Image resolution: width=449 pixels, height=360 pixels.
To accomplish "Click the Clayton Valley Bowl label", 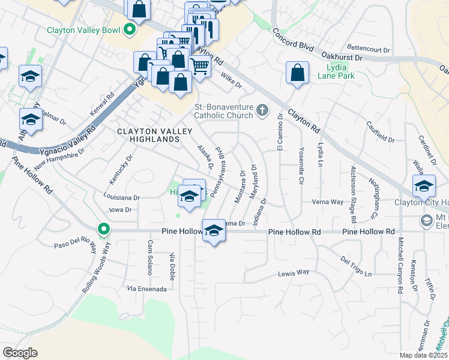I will click(x=83, y=29).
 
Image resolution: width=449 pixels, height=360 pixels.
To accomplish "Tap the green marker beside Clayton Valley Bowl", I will click(x=129, y=29).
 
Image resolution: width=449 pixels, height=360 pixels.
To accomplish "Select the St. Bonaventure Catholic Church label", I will click(x=223, y=112).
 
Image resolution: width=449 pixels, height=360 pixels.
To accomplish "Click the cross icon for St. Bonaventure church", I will click(x=262, y=110).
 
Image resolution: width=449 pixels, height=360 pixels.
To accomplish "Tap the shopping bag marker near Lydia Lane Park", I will click(x=298, y=74).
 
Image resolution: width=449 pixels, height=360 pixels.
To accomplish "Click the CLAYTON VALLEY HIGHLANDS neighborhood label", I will click(x=148, y=135).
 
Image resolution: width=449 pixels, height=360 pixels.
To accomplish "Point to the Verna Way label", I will click(x=327, y=202).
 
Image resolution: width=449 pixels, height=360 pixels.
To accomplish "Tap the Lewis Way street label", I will click(x=294, y=272).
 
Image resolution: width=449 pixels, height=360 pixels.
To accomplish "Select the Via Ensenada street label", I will click(x=146, y=289).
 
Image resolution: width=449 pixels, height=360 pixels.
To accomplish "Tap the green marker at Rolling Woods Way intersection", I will click(x=103, y=229).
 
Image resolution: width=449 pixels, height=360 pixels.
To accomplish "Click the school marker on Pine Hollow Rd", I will click(x=213, y=230).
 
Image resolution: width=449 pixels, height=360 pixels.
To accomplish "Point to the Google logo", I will click(x=20, y=353).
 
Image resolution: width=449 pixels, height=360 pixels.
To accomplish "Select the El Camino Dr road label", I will click(x=280, y=131).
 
